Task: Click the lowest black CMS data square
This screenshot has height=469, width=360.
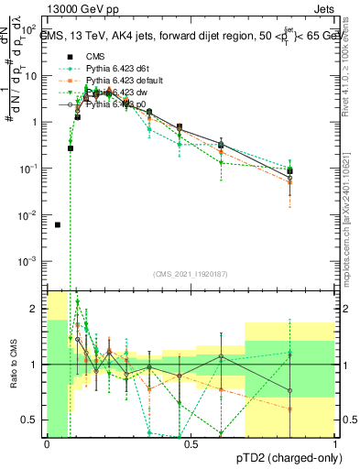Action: [x=58, y=224]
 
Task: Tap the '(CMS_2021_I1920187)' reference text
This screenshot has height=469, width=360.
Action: [x=191, y=275]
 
